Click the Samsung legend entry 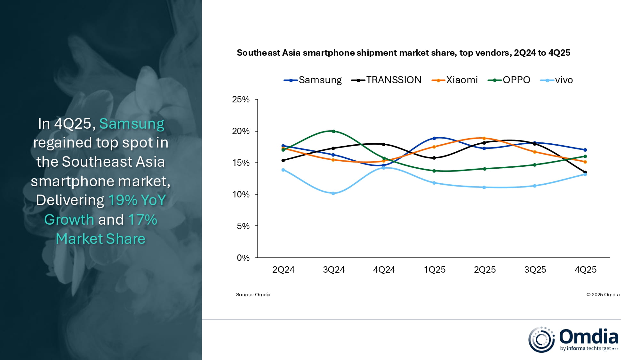[x=313, y=80]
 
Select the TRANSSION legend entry [x=387, y=80]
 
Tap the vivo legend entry [x=557, y=80]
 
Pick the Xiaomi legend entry [x=455, y=80]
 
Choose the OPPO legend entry [x=509, y=80]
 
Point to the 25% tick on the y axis [x=241, y=100]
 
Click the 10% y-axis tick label [x=241, y=195]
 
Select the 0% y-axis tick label [x=243, y=258]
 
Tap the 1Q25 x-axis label [x=435, y=270]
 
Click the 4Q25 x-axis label [x=585, y=270]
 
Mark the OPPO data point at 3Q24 [x=333, y=131]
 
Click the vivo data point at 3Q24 [x=333, y=193]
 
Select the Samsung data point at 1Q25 [x=434, y=138]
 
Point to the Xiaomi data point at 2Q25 [x=484, y=138]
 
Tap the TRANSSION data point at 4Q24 [x=384, y=144]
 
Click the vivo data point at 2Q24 [x=283, y=170]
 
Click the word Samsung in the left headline [x=132, y=124]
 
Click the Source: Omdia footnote [x=253, y=295]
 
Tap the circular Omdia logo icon [x=541, y=340]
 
